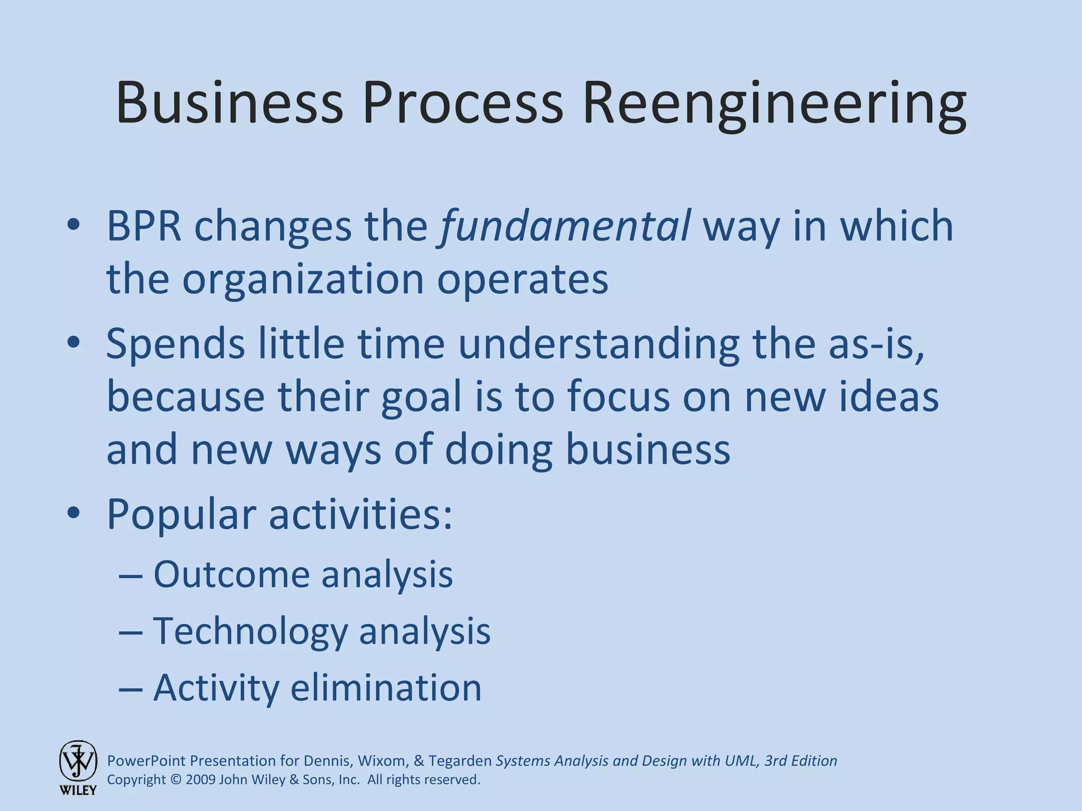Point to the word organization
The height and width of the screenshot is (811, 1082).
click(303, 280)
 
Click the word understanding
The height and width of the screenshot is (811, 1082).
click(599, 344)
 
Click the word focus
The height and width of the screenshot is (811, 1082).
click(619, 397)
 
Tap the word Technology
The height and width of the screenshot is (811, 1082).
click(250, 631)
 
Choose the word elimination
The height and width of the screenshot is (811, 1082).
click(386, 687)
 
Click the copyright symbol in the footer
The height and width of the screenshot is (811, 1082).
click(176, 780)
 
